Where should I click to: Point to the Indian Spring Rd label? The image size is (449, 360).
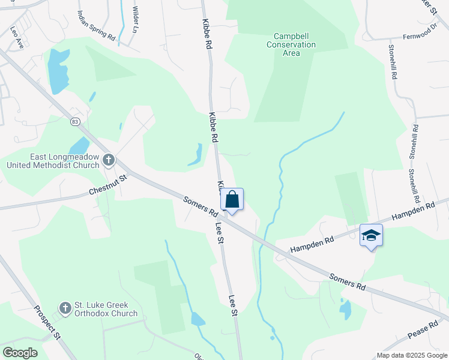tap(96, 25)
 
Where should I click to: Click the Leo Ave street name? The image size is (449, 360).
tap(16, 35)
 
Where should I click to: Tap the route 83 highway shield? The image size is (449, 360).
tap(75, 122)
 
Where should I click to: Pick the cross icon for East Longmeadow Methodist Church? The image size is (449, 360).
tap(108, 160)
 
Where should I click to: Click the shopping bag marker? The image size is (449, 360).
tap(232, 200)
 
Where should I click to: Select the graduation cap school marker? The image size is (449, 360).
tap(371, 235)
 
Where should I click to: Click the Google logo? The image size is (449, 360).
tap(20, 353)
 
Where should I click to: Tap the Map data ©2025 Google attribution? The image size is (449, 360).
tap(412, 355)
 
